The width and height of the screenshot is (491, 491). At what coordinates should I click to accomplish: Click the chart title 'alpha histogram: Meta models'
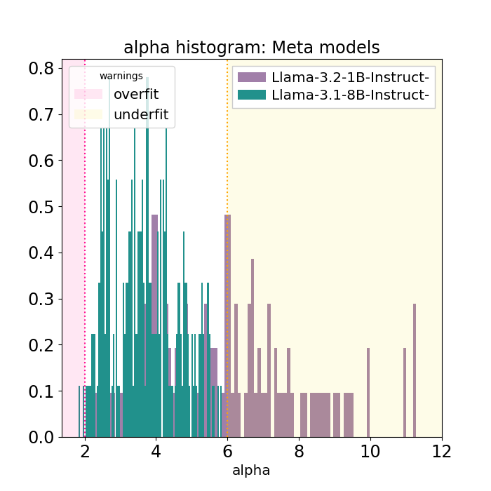pyautogui.click(x=251, y=48)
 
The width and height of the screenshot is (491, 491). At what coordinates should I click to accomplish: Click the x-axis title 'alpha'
pyautogui.click(x=251, y=470)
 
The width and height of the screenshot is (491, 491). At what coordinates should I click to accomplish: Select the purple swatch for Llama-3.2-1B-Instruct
pyautogui.click(x=252, y=77)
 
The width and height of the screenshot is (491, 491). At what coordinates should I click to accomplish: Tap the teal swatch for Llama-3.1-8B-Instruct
pyautogui.click(x=252, y=95)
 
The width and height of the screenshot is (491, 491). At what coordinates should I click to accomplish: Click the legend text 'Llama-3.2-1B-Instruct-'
pyautogui.click(x=350, y=77)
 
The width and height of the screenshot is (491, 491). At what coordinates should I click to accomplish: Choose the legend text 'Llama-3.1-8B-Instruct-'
pyautogui.click(x=350, y=95)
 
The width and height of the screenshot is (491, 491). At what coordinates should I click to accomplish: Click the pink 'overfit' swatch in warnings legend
pyautogui.click(x=88, y=93)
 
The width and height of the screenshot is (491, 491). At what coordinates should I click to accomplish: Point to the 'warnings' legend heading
pyautogui.click(x=121, y=76)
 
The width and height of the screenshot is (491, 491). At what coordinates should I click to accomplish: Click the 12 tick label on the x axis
pyautogui.click(x=442, y=451)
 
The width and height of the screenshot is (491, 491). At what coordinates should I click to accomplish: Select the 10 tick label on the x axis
pyautogui.click(x=370, y=451)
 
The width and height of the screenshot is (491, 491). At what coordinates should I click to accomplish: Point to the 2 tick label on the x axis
pyautogui.click(x=85, y=451)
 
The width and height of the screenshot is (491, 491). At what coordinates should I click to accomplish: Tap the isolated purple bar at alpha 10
pyautogui.click(x=368, y=393)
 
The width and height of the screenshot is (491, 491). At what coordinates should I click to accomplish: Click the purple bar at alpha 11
pyautogui.click(x=404, y=393)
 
